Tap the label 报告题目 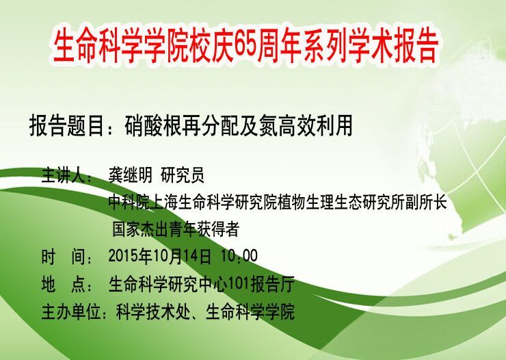click(x=66, y=126)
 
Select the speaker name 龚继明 click(x=130, y=175)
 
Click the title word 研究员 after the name click(x=183, y=175)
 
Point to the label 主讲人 click(x=63, y=175)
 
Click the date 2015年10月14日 click(x=160, y=257)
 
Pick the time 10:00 click(x=239, y=257)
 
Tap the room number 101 click(x=239, y=284)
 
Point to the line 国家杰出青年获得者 click(x=176, y=229)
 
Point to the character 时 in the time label click(x=49, y=257)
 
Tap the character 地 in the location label click(x=49, y=284)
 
